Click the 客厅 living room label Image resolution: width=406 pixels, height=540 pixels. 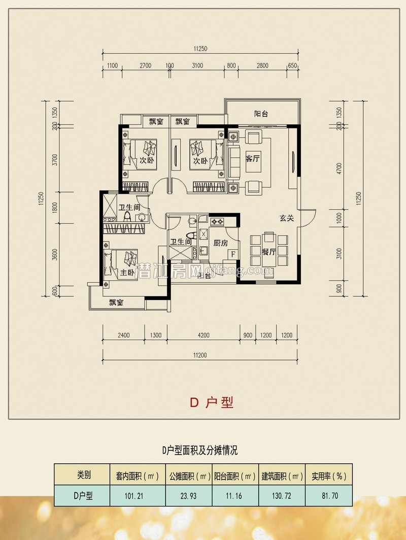coord(252,159)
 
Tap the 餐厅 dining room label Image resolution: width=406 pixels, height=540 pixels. coord(269,252)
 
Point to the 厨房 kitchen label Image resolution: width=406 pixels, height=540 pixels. coord(220,243)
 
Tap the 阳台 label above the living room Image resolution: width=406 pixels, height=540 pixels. coord(261,114)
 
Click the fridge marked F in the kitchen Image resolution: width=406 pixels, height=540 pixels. coord(233,254)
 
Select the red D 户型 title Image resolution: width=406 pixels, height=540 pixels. coord(212,402)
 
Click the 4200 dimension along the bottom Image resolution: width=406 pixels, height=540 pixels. coord(204,335)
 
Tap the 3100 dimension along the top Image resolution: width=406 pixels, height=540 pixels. coord(197,65)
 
